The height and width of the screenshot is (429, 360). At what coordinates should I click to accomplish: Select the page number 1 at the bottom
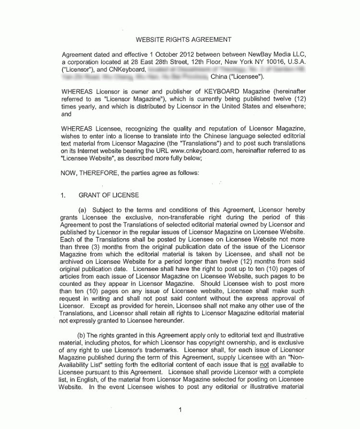pyautogui.click(x=180, y=410)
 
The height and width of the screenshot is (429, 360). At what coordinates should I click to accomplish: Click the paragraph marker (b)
pyautogui.click(x=82, y=335)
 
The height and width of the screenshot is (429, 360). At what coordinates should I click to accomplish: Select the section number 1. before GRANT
pyautogui.click(x=63, y=195)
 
